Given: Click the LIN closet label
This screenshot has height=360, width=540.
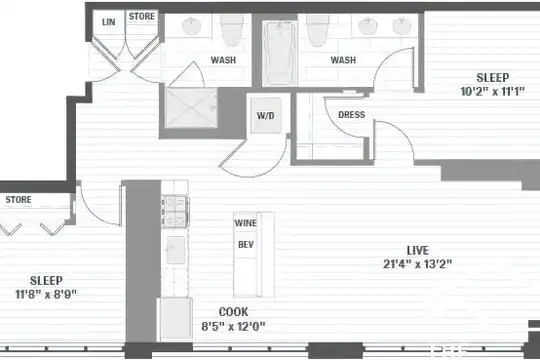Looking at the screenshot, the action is (108, 22).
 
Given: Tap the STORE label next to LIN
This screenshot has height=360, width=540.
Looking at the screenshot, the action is (142, 16).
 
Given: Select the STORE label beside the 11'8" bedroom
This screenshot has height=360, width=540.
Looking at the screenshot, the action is (19, 199).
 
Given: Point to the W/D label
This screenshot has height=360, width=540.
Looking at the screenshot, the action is (266, 115).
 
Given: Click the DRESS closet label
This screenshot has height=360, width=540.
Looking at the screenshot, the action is (352, 115).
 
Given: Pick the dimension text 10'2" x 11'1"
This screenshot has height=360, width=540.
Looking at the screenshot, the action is (492, 91).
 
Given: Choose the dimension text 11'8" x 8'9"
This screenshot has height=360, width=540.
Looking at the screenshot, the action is (46, 294).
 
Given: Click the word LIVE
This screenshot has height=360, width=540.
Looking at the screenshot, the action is (417, 250).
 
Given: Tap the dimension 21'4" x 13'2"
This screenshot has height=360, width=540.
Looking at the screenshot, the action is (417, 264).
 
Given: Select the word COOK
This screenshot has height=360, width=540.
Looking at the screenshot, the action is (233, 312).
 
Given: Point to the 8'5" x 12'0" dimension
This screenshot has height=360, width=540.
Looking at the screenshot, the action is (233, 326).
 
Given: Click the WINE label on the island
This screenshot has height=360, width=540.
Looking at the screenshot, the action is (246, 223).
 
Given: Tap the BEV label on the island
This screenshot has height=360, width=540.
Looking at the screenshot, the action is (246, 245).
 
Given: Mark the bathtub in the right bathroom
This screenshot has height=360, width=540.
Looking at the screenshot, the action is (280, 53).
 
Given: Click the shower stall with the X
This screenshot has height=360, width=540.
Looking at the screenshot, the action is (191, 108).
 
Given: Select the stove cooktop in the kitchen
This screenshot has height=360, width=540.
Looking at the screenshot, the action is (175, 211).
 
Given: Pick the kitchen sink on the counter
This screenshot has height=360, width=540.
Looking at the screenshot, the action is (176, 250).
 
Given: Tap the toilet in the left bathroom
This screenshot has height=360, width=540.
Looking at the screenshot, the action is (232, 31).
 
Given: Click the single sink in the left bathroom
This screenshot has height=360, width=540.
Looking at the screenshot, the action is (192, 26).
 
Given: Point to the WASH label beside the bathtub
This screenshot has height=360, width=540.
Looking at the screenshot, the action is (343, 60).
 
